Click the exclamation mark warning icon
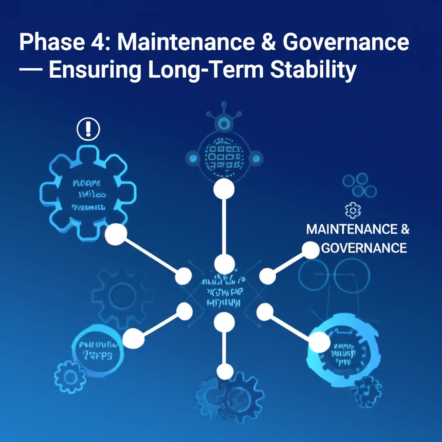click(88, 129)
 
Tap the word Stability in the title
click(313, 70)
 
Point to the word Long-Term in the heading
click(206, 70)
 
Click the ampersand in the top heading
click(269, 42)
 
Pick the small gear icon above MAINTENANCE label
click(353, 210)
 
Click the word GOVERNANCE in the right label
click(364, 248)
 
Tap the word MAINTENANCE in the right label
click(352, 230)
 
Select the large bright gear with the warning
click(88, 193)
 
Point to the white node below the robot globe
click(224, 189)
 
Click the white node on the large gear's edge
click(116, 234)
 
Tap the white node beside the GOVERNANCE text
click(310, 250)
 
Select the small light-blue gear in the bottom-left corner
click(70, 377)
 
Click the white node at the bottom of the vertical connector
click(225, 372)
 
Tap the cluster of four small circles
click(359, 185)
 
